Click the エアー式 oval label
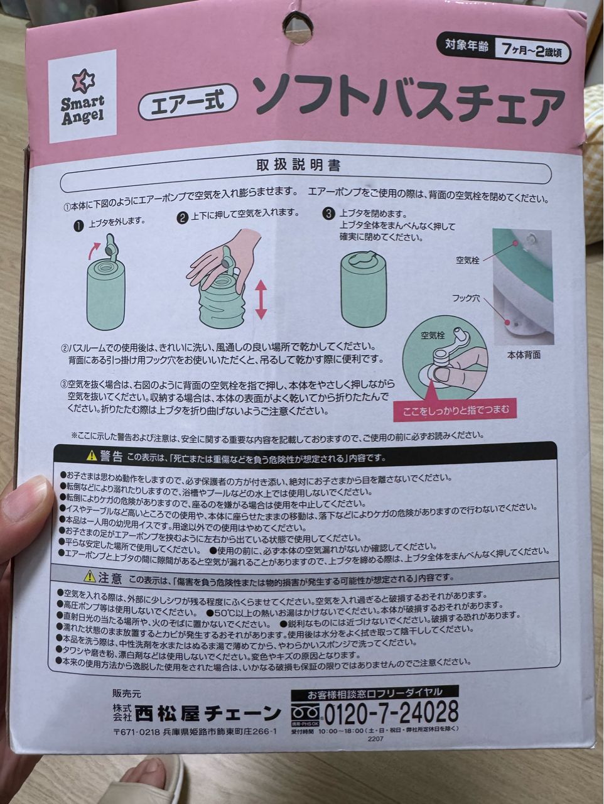click(188, 99)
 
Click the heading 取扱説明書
click(298, 165)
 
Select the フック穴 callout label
click(466, 298)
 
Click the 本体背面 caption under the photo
click(524, 354)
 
